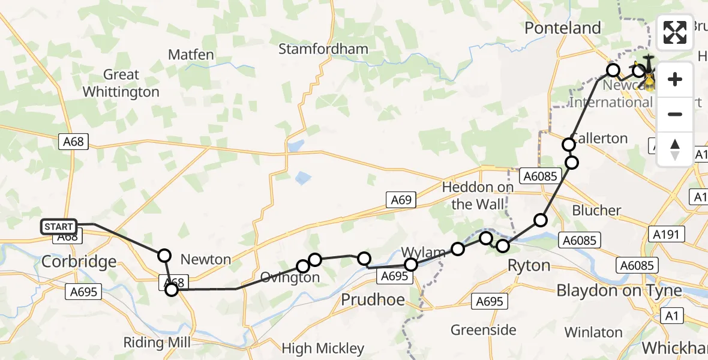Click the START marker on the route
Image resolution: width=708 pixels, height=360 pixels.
coord(59,227)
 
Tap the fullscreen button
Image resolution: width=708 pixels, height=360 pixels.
coord(675,32)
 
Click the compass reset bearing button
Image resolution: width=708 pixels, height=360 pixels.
coord(675,149)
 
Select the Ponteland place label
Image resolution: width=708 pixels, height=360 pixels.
coord(562,28)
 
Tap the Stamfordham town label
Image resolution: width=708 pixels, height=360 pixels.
coord(319,49)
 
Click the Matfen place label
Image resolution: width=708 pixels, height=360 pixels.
coord(191,55)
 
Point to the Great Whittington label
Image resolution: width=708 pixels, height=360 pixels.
coord(121,83)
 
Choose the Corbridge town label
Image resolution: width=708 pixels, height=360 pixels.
coord(79,262)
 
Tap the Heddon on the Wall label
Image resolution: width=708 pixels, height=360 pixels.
coord(478,196)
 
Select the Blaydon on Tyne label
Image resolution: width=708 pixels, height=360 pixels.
coord(619,290)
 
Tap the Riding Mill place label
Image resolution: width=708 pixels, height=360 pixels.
coord(157,343)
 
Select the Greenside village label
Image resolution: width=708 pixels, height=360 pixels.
coord(483,329)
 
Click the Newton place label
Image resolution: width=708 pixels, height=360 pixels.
coord(205,259)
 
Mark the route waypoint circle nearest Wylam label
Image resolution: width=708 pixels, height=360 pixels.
coord(458,249)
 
